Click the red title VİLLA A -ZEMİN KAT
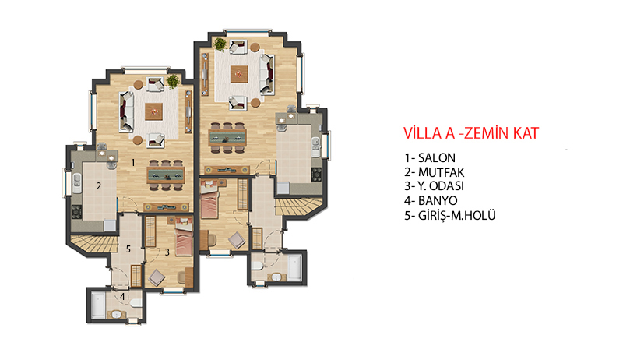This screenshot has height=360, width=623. click(x=471, y=133)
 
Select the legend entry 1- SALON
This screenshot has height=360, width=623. click(x=430, y=157)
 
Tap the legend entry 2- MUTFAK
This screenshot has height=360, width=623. click(x=435, y=172)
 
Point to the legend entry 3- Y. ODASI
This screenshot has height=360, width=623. click(x=435, y=186)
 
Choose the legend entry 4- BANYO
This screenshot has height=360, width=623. click(x=431, y=201)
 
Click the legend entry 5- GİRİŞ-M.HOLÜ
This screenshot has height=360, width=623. click(x=450, y=215)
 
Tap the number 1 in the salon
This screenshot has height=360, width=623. click(x=133, y=162)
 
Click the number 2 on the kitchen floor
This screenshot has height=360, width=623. click(x=99, y=185)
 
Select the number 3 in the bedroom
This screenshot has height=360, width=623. click(x=167, y=252)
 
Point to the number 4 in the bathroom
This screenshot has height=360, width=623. click(x=122, y=296)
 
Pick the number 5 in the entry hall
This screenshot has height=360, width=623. click(x=128, y=249)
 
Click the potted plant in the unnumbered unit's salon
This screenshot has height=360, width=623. click(x=220, y=44)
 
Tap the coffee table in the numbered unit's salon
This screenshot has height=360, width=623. click(x=153, y=111)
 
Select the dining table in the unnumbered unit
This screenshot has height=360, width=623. click(x=227, y=137)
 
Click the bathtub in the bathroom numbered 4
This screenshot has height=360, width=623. click(x=98, y=305)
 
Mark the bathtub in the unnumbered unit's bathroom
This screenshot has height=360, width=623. click(x=295, y=268)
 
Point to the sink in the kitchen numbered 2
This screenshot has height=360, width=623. click(x=76, y=183)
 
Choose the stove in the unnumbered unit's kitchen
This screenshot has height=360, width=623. click(x=317, y=175)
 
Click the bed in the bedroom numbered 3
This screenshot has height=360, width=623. click(x=184, y=239)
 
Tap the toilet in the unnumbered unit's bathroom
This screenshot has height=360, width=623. click(x=256, y=266)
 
